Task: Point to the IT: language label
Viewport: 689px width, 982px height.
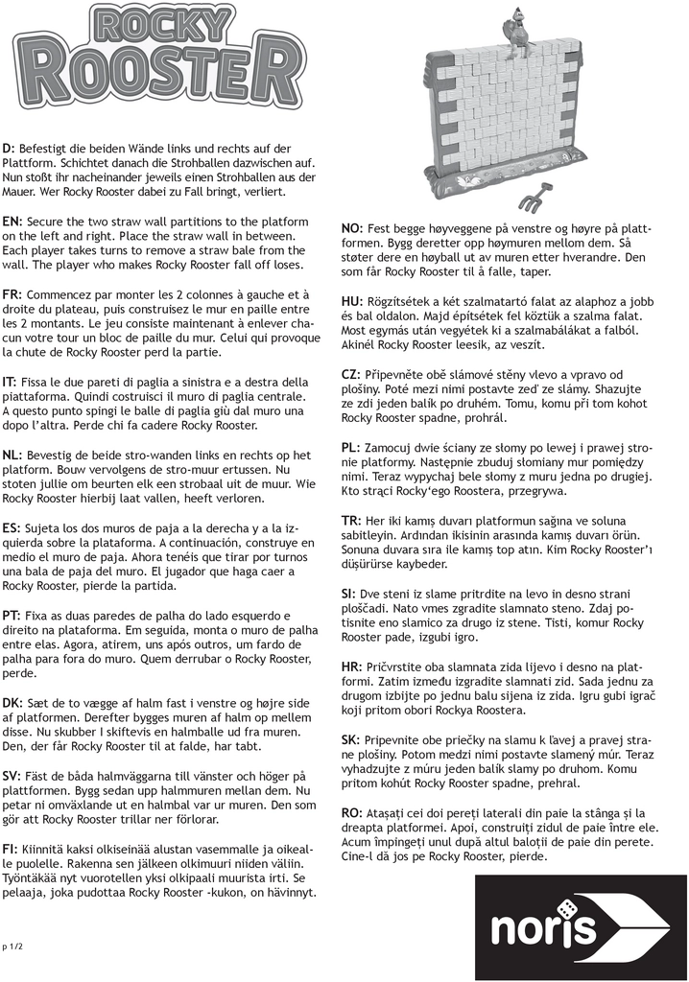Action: tap(11, 382)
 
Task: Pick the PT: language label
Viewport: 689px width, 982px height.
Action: tap(12, 615)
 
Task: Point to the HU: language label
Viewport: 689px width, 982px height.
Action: tap(352, 302)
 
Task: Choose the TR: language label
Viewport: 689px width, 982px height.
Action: tap(351, 520)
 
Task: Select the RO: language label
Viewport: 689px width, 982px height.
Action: tap(352, 812)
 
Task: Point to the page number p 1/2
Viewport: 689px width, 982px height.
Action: tap(13, 946)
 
